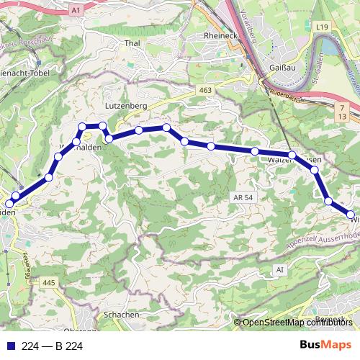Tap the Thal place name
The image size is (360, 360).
pos(132,43)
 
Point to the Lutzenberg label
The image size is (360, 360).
pos(126,105)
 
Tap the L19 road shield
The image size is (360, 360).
pos(323,27)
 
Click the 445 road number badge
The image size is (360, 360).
pos(48,282)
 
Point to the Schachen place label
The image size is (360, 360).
pos(121,315)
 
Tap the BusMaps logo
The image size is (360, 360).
pos(325,346)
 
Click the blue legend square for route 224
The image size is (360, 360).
pos(10,346)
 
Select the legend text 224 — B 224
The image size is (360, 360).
pos(53,346)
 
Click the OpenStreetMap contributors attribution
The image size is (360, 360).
pos(297,323)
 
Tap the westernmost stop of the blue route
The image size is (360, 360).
pos(9,204)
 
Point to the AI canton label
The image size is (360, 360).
pos(279,269)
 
